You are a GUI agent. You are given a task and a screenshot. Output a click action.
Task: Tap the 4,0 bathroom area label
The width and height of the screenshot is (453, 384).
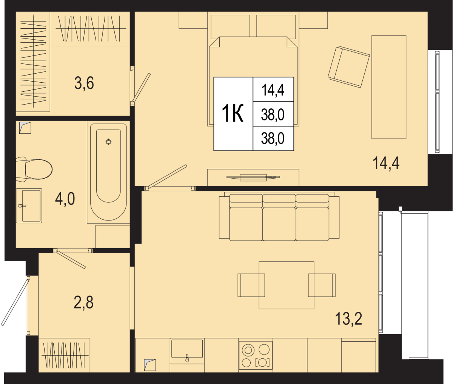tap(65, 199)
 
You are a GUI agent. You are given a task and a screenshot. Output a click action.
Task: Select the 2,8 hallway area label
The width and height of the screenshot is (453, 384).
tap(83, 302)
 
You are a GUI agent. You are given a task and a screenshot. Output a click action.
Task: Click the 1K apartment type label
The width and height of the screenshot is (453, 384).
tap(233, 114)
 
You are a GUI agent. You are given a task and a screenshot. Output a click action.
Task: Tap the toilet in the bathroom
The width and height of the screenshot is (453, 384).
tap(34, 169)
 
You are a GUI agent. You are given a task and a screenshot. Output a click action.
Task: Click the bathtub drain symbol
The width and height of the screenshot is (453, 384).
tap(108, 142)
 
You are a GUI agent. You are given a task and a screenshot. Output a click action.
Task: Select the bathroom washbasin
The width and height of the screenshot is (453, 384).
tap(29, 206)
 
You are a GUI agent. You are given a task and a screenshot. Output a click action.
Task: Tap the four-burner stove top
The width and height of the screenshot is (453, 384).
tap(256, 355)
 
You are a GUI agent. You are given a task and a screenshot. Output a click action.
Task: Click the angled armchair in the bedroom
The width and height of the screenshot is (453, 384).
tap(349, 67)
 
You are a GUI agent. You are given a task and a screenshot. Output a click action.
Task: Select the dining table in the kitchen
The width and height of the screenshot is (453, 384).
tap(287, 285)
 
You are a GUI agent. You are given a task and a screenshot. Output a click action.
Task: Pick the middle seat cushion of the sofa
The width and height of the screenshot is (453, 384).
tap(279, 224)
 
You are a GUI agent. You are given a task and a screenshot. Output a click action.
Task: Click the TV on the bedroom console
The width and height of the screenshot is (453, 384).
tap(253, 177)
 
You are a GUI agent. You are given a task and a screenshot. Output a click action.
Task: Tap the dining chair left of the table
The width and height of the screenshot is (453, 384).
tap(251, 285)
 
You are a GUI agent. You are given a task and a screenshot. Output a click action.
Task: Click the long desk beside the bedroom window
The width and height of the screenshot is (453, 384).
tap(389, 87)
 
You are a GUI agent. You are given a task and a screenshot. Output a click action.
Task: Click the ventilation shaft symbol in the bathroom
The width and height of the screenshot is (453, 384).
tap(25, 128)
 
